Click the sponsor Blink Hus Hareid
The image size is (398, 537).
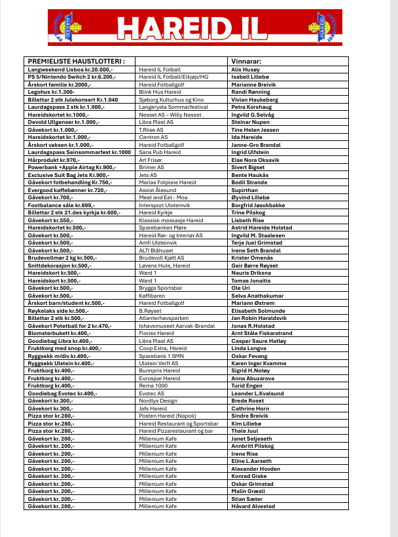pyautogui.click(x=160, y=92)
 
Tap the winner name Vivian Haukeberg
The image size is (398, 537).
pyautogui.click(x=255, y=99)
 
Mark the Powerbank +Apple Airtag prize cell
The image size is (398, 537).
pyautogui.click(x=72, y=168)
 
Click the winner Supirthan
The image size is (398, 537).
pyautogui.click(x=245, y=190)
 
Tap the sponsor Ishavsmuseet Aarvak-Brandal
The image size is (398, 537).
pyautogui.click(x=177, y=326)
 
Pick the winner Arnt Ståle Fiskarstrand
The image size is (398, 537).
pyautogui.click(x=261, y=334)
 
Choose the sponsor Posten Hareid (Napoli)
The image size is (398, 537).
pyautogui.click(x=168, y=416)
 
